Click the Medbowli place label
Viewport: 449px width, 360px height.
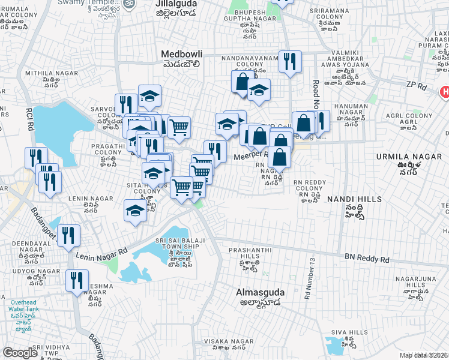pos(180,54)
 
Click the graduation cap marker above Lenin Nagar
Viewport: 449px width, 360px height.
pos(135,211)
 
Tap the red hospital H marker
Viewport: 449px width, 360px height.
pos(444,92)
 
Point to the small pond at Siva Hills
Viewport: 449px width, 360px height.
pos(334,344)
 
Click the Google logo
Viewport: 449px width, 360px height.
pos(20,353)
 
